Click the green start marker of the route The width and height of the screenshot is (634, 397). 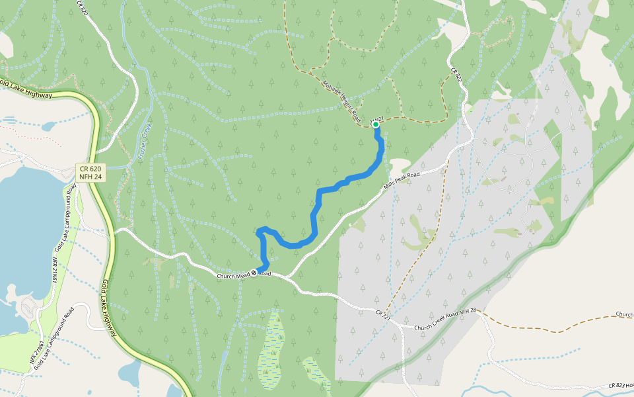[375, 124]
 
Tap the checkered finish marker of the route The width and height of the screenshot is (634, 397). [254, 273]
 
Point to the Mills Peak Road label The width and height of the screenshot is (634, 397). [402, 183]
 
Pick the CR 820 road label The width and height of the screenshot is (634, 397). [83, 9]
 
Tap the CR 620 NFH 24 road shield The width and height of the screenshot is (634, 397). [90, 173]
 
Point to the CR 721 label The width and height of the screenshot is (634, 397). [383, 316]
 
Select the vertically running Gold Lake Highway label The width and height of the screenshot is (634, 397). [110, 308]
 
